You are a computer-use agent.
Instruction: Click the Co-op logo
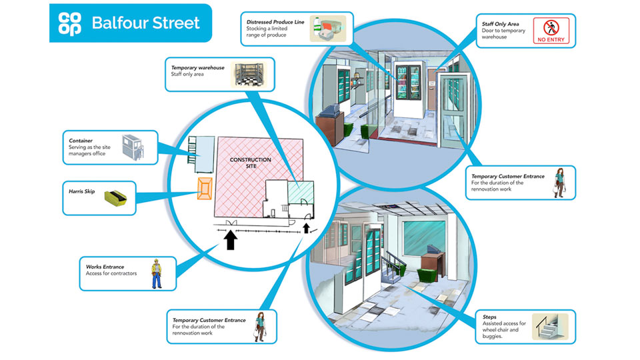pyautogui.click(x=69, y=23)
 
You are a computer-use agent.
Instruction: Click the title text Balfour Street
pyautogui.click(x=146, y=23)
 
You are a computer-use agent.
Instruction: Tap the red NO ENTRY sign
pyautogui.click(x=553, y=31)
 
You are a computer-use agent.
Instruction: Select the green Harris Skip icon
pyautogui.click(x=116, y=197)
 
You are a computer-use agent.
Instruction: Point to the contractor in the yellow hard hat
pyautogui.click(x=156, y=272)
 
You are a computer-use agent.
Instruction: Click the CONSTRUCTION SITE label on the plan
pyautogui.click(x=250, y=163)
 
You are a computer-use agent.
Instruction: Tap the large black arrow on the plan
pyautogui.click(x=231, y=239)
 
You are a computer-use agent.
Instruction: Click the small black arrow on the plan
pyautogui.click(x=306, y=230)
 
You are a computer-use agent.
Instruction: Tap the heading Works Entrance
pyautogui.click(x=105, y=267)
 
